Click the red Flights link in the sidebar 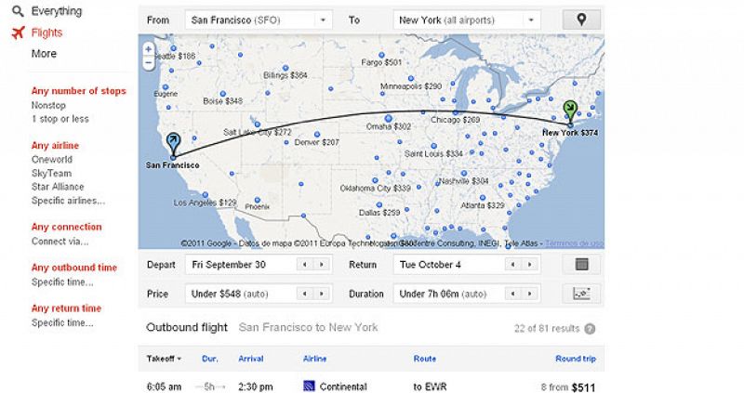pyautogui.click(x=46, y=33)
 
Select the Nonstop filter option pyautogui.click(x=48, y=105)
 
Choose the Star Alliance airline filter pyautogui.click(x=58, y=187)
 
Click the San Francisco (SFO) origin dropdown pyautogui.click(x=259, y=19)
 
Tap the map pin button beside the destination pyautogui.click(x=581, y=19)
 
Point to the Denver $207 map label pyautogui.click(x=316, y=142)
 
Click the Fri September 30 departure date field pyautogui.click(x=239, y=265)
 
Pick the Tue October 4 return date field pyautogui.click(x=446, y=265)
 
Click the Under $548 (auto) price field pyautogui.click(x=239, y=294)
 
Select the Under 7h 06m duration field pyautogui.click(x=446, y=294)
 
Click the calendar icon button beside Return pyautogui.click(x=582, y=265)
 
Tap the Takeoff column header pyautogui.click(x=164, y=359)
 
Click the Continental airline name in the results pyautogui.click(x=342, y=386)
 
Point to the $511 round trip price pyautogui.click(x=583, y=386)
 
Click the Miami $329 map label pyautogui.click(x=485, y=204)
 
